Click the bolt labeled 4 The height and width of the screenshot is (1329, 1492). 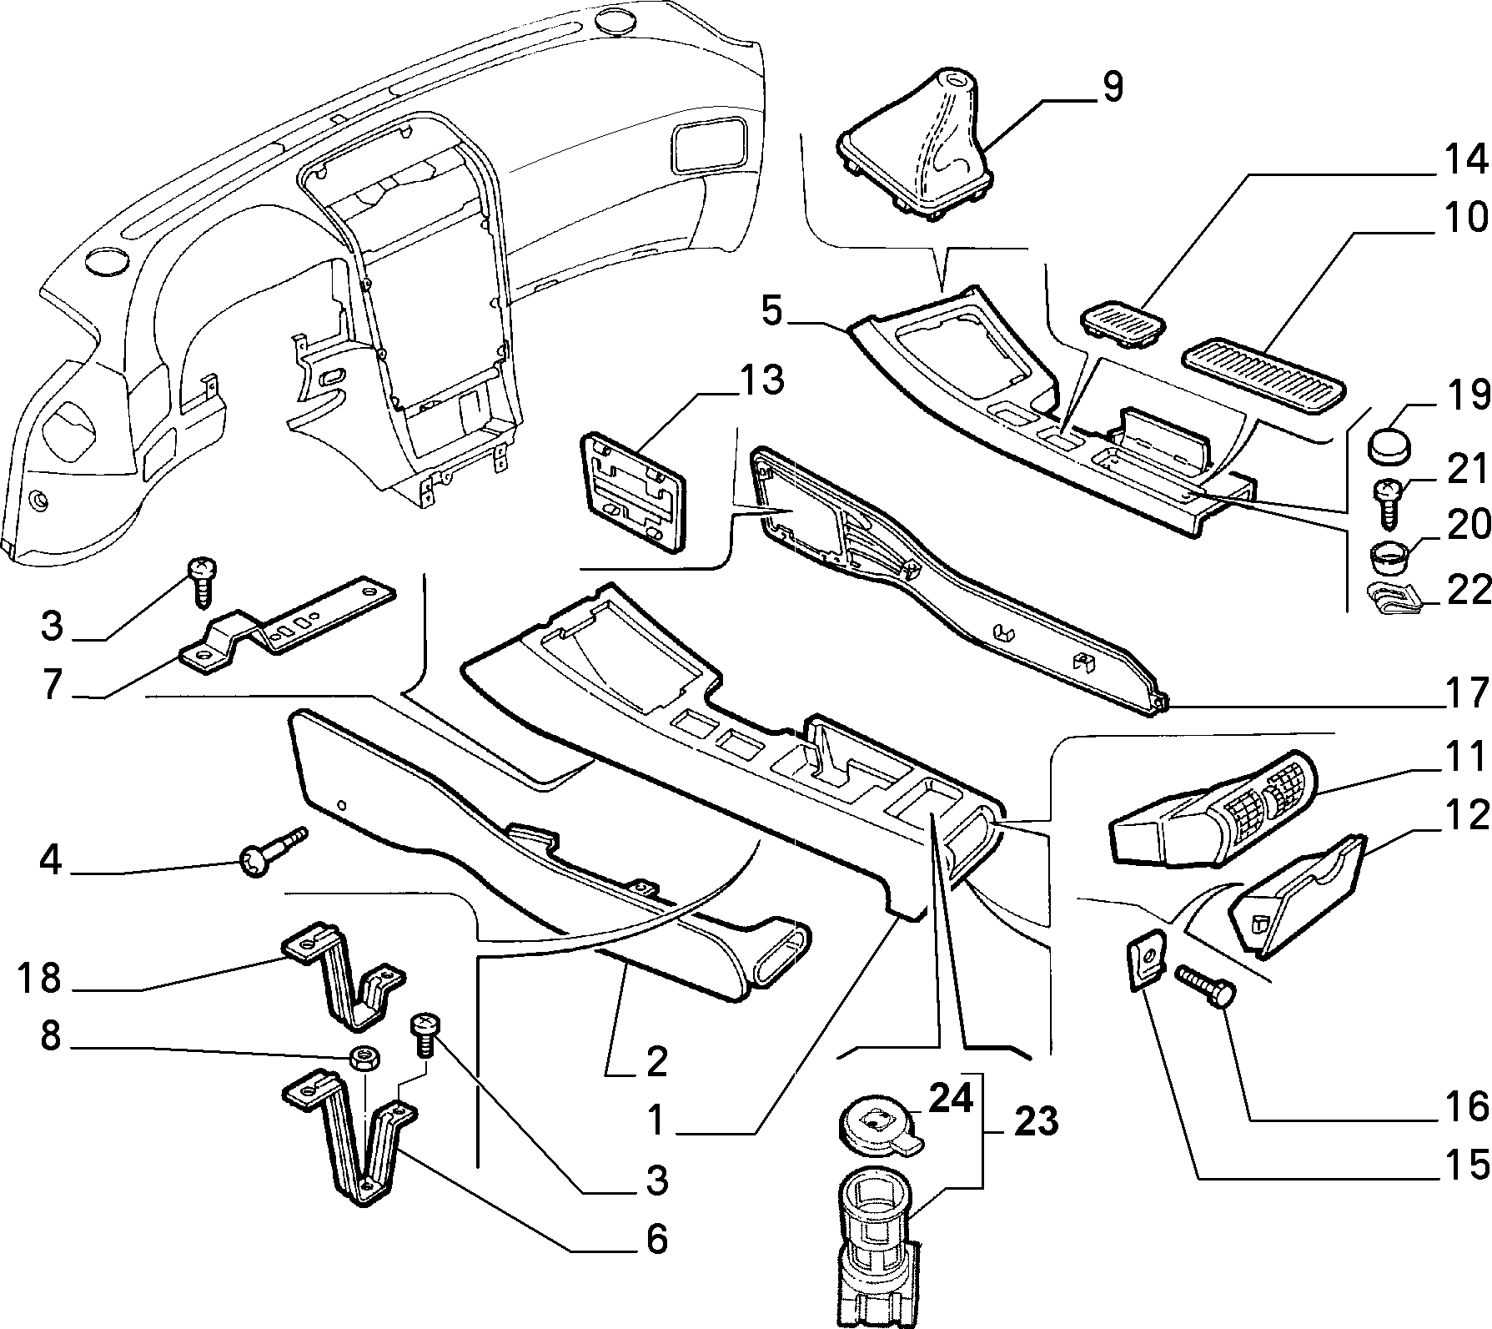tap(272, 851)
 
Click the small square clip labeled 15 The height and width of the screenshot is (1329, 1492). tap(1147, 959)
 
